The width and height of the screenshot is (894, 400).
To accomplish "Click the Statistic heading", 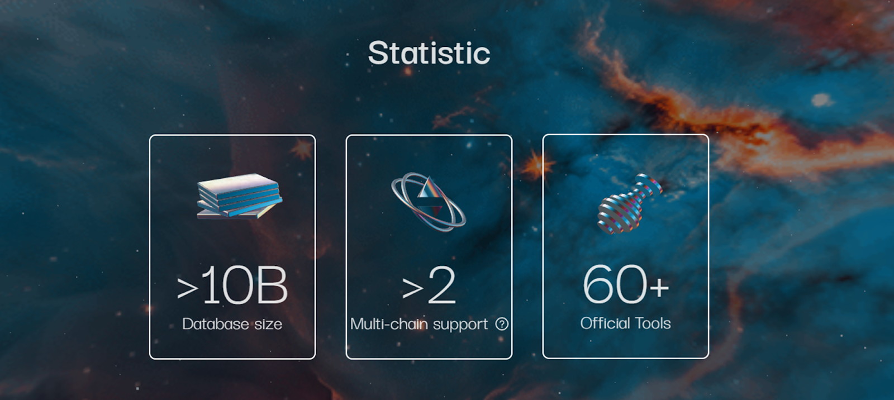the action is tap(429, 53).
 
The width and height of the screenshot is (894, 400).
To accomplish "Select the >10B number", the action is tap(232, 285).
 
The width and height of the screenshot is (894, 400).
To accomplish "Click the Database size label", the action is tap(232, 324).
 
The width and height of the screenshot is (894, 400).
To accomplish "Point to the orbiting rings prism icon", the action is tap(428, 202).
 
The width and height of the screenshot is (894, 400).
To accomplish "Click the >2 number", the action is tap(429, 285).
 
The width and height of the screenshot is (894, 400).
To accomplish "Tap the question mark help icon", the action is tap(502, 324).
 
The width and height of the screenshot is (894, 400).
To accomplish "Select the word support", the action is tap(460, 325).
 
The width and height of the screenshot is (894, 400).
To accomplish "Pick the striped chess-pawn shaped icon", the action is tap(629, 203).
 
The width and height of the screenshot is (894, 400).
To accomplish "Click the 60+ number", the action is tap(625, 284).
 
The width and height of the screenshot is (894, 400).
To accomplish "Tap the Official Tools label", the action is tap(625, 323).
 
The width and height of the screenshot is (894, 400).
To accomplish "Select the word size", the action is tap(268, 324).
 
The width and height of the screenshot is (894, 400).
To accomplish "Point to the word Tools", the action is tap(653, 323).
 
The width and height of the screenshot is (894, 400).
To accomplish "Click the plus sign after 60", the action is tap(659, 287).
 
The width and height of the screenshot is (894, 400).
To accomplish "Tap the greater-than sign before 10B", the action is tap(187, 288).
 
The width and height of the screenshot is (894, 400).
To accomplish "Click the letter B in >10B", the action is tap(273, 285).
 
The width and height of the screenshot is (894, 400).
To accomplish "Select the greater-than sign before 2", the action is tap(412, 288).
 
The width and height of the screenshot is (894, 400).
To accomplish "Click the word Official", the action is tap(606, 323).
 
